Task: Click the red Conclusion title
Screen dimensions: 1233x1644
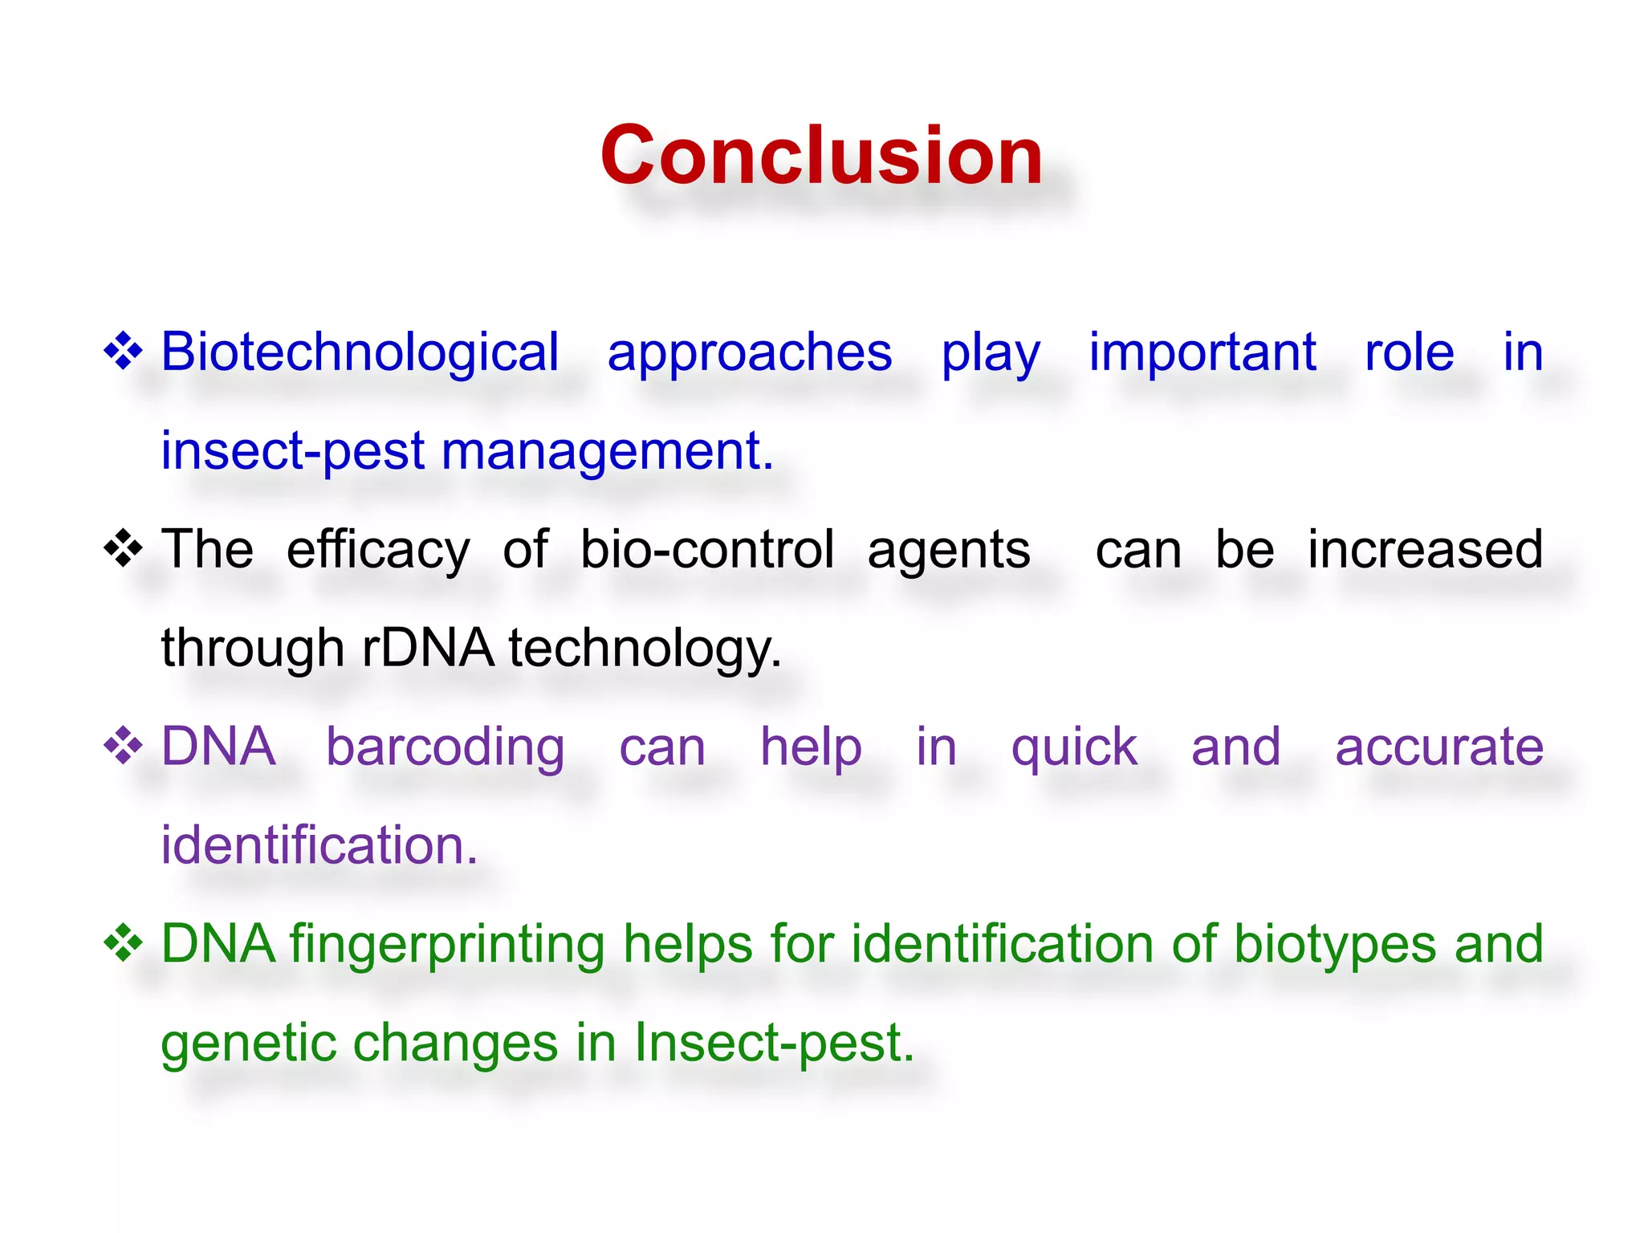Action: click(x=821, y=156)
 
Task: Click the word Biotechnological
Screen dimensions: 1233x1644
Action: click(x=360, y=352)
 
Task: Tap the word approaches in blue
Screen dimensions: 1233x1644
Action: click(x=749, y=353)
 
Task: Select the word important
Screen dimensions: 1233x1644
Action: click(x=1202, y=352)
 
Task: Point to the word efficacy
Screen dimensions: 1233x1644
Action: click(x=378, y=551)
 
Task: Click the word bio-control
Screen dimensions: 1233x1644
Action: click(x=707, y=550)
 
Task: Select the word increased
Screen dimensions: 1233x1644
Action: click(x=1425, y=550)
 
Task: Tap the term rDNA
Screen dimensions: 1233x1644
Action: click(x=428, y=648)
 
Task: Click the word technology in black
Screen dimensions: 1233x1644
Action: click(x=644, y=649)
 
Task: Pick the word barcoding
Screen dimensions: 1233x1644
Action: click(x=446, y=747)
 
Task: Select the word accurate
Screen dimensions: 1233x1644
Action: click(x=1438, y=747)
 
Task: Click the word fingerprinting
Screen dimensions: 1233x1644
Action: click(x=447, y=945)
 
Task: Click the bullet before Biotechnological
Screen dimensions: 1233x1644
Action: click(x=124, y=352)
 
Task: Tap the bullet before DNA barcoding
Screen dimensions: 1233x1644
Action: click(x=124, y=747)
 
